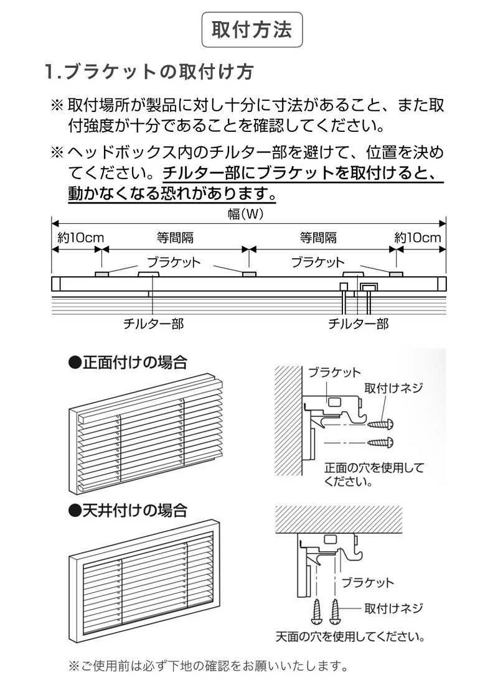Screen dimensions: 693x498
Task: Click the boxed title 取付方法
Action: tap(251, 30)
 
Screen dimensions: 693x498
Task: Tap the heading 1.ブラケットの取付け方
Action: tap(149, 72)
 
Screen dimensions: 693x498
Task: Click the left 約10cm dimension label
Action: tap(77, 238)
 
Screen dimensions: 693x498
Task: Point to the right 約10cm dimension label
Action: tap(418, 238)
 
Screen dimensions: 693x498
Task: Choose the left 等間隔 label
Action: tap(175, 238)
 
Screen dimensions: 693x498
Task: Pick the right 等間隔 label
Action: tap(318, 238)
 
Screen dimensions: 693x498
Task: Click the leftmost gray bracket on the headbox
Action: tap(102, 274)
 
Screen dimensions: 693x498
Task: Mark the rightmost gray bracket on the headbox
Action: tap(395, 274)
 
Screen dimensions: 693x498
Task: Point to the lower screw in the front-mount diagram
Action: tap(379, 443)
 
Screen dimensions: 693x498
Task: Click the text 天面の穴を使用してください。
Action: tap(350, 637)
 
